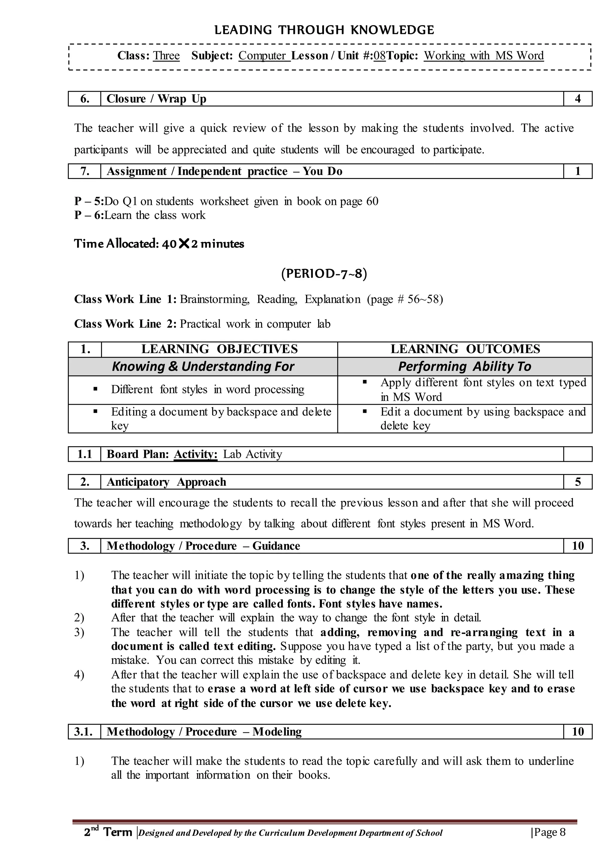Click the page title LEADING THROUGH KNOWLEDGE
coord(324,30)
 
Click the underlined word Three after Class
coord(166,56)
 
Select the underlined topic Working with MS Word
coord(484,56)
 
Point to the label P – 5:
coord(89,201)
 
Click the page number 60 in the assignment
coord(372,201)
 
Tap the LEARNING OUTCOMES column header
coord(465,349)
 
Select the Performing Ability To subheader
coord(465,366)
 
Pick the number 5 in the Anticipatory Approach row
coord(578,482)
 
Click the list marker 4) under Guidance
coord(79,675)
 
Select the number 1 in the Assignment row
coord(577,171)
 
